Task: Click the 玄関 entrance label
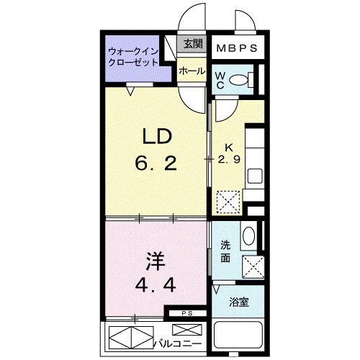pos(192,45)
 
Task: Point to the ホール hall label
pos(192,71)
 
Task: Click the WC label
pos(221,79)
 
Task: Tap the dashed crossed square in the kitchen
pos(229,199)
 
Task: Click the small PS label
pos(186,313)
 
